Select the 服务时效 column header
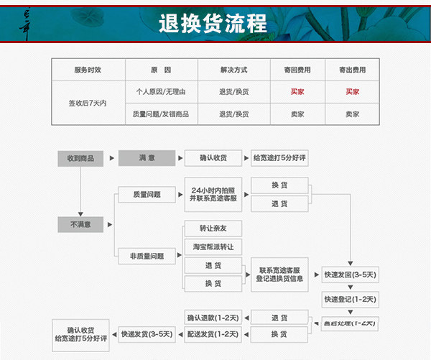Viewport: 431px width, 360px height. pyautogui.click(x=88, y=70)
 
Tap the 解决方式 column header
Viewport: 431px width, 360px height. pyautogui.click(x=233, y=70)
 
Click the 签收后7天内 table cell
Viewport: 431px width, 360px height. pyautogui.click(x=88, y=103)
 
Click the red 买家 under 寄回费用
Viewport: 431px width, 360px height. pyautogui.click(x=297, y=92)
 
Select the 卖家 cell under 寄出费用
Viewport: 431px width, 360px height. pyautogui.click(x=352, y=114)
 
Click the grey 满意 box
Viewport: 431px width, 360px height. pyautogui.click(x=147, y=158)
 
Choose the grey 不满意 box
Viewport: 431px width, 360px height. pyautogui.click(x=80, y=225)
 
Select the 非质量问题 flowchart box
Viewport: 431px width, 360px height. pyautogui.click(x=147, y=256)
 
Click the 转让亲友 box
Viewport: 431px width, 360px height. pyautogui.click(x=213, y=229)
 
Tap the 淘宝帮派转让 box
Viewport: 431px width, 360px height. pyautogui.click(x=213, y=246)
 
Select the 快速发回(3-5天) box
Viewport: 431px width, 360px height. pyautogui.click(x=350, y=274)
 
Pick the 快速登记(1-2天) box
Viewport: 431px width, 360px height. pyautogui.click(x=350, y=299)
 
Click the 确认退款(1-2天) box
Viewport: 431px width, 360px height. pyautogui.click(x=213, y=317)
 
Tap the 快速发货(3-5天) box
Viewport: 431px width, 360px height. pyautogui.click(x=147, y=334)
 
